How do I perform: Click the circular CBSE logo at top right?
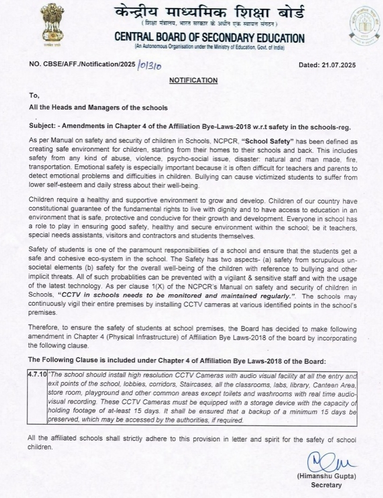[364, 23]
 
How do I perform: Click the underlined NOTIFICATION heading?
[193, 80]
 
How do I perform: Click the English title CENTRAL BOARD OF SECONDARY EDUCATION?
[210, 38]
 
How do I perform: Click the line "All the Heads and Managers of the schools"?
[98, 107]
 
